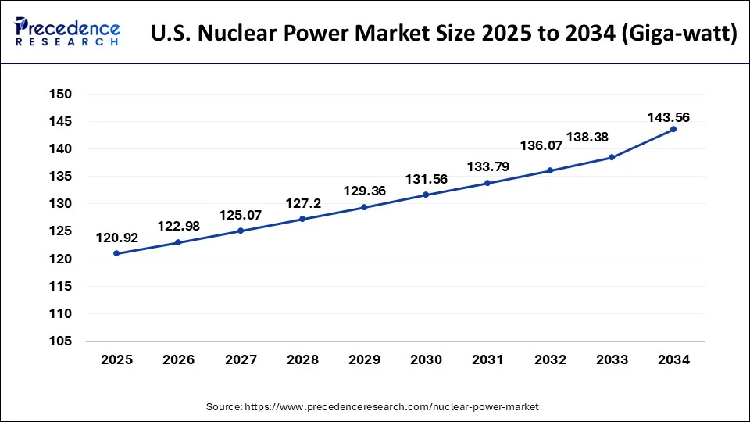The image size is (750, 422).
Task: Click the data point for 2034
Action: tap(673, 129)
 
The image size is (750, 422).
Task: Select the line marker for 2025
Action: tap(116, 253)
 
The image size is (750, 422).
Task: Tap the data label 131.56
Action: tap(426, 179)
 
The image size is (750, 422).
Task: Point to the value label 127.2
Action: tap(302, 202)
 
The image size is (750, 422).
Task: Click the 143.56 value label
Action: tap(668, 117)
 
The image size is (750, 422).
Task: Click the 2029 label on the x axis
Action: tap(363, 359)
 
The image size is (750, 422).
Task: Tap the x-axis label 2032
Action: tap(549, 359)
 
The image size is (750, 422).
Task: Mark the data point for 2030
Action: tap(426, 195)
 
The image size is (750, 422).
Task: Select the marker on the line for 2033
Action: tap(612, 157)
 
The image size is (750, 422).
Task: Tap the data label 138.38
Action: tap(588, 136)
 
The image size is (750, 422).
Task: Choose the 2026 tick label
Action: tap(177, 359)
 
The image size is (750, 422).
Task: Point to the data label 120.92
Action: tap(117, 238)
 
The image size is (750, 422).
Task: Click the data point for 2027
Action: tap(240, 231)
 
